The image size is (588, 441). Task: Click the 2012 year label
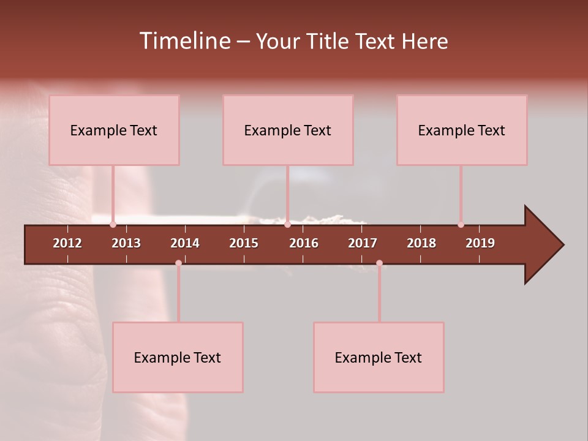pyautogui.click(x=67, y=243)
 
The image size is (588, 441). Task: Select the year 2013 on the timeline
pyautogui.click(x=126, y=243)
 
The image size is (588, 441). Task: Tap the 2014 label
pyautogui.click(x=185, y=243)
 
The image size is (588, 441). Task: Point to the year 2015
pyautogui.click(x=244, y=243)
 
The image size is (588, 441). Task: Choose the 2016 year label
pyautogui.click(x=304, y=243)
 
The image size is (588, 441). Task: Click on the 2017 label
pyautogui.click(x=363, y=243)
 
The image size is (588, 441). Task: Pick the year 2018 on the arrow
pyautogui.click(x=421, y=243)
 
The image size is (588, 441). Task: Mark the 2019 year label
pyautogui.click(x=480, y=243)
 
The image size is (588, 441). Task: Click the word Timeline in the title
pyautogui.click(x=184, y=41)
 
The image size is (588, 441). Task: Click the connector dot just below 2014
pyautogui.click(x=178, y=263)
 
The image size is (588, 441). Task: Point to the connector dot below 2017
pyautogui.click(x=379, y=263)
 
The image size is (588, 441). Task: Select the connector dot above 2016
pyautogui.click(x=288, y=225)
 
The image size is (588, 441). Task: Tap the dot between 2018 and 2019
pyautogui.click(x=461, y=225)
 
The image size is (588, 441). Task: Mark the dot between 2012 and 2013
pyautogui.click(x=113, y=225)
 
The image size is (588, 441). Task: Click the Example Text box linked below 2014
pyautogui.click(x=178, y=357)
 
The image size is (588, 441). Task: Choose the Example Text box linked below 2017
pyautogui.click(x=379, y=357)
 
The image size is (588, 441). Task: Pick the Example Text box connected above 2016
pyautogui.click(x=288, y=130)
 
